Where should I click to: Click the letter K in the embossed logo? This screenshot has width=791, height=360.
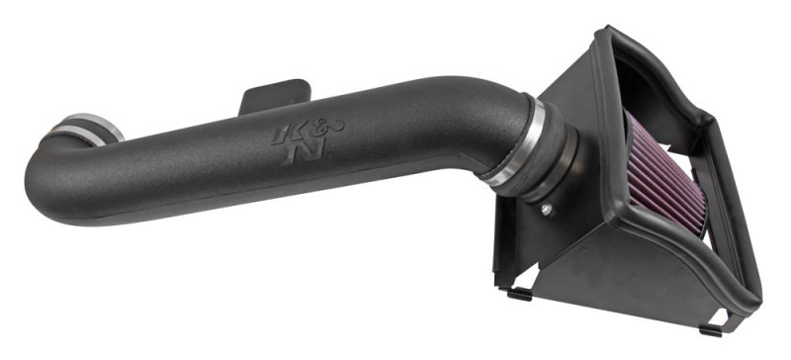pos(279,135)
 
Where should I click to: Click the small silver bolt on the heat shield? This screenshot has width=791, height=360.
pos(546,210)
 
